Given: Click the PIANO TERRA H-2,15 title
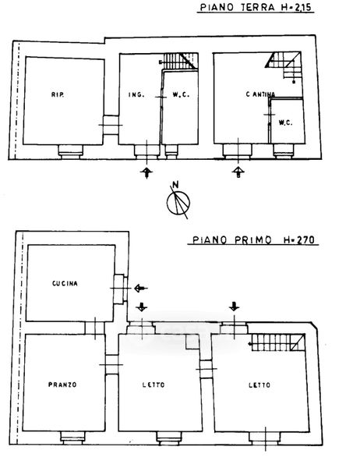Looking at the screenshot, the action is [256, 7].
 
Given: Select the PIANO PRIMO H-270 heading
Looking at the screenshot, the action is [253, 239].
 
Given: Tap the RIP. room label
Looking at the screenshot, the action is [58, 94].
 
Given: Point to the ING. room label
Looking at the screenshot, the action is [136, 94].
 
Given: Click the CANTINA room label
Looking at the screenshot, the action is [260, 94].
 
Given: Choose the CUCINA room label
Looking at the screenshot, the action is [65, 283].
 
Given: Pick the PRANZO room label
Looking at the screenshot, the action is [62, 385].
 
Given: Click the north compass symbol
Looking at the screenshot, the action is [178, 203].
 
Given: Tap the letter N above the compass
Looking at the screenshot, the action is [175, 184].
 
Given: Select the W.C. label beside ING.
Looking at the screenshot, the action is [181, 94].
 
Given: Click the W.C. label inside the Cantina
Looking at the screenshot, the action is [285, 122].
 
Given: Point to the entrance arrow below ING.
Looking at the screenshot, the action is [146, 172].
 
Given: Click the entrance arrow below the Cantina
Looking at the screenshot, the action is [238, 172].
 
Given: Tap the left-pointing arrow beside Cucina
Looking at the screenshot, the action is [141, 289].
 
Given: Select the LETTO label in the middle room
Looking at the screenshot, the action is [154, 385].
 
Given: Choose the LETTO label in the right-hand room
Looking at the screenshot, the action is [259, 385].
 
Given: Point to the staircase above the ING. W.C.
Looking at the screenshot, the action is [180, 61].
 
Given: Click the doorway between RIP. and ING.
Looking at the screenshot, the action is [111, 125].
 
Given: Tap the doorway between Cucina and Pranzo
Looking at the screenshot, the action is [95, 328].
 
